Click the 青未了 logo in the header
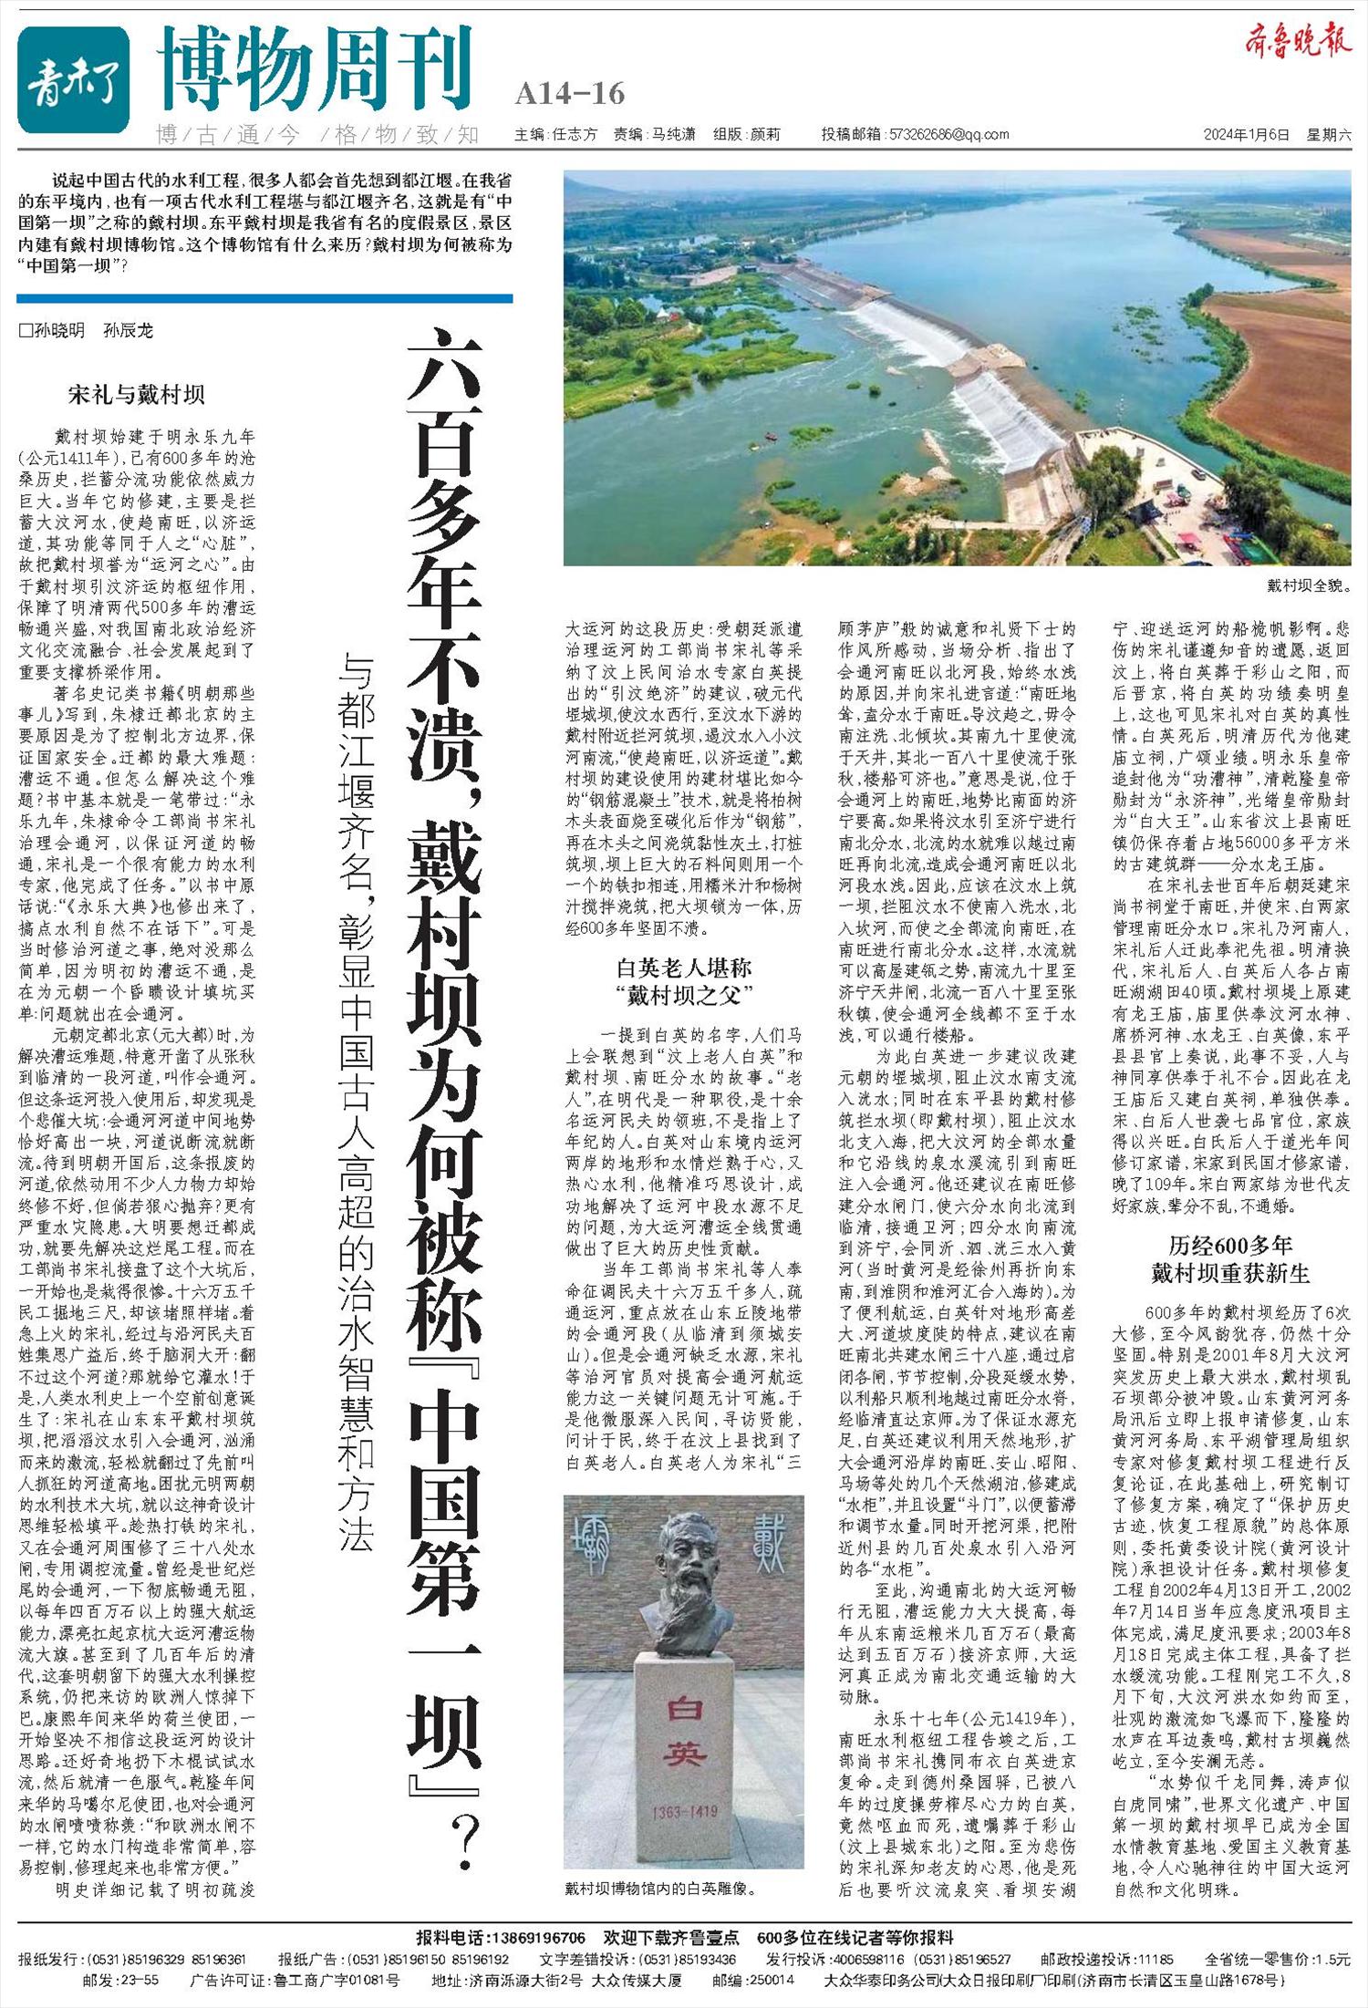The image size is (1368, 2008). coord(73,79)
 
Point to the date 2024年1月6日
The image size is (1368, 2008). coord(1246,135)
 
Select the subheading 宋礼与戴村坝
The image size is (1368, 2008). coord(137,395)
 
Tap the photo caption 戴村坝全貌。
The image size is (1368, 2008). coord(1308,585)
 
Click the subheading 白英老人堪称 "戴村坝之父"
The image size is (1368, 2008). coord(684,979)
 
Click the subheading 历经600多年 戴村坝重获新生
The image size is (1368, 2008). coord(1231,1258)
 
